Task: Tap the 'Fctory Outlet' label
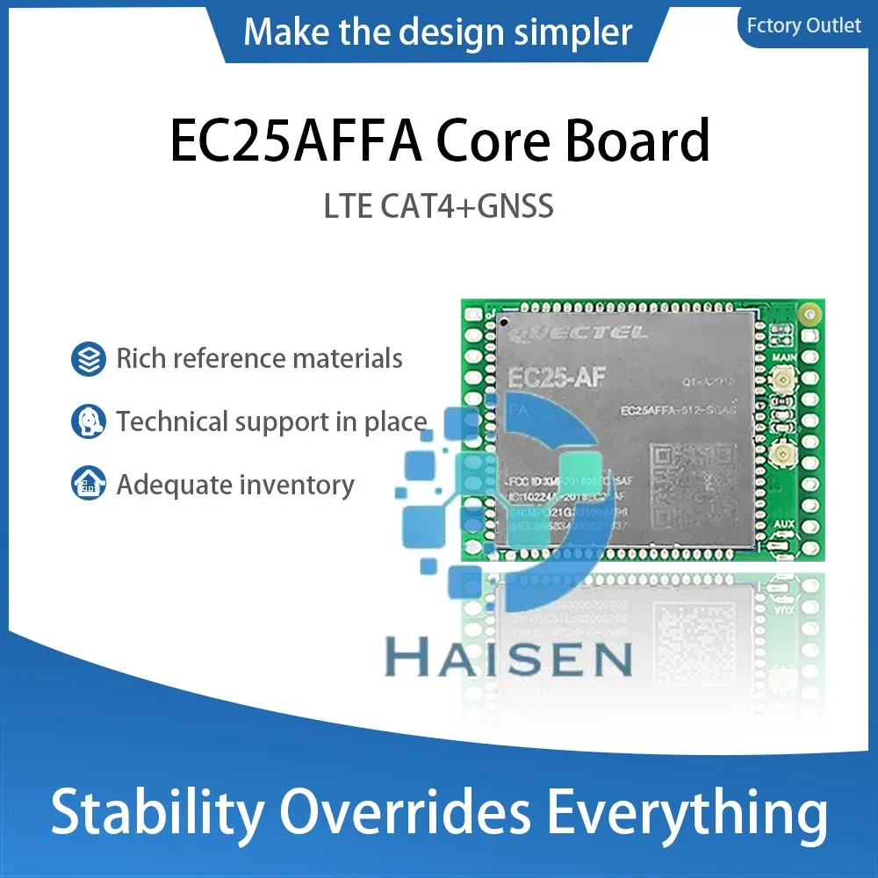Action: (x=803, y=25)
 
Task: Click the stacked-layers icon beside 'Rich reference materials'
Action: (x=88, y=359)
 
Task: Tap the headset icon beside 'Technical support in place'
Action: (x=88, y=422)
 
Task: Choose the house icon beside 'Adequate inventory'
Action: (x=88, y=485)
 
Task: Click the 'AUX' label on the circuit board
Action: (x=784, y=524)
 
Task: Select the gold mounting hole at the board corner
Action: (x=813, y=311)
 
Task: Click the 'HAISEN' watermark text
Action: (x=509, y=658)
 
